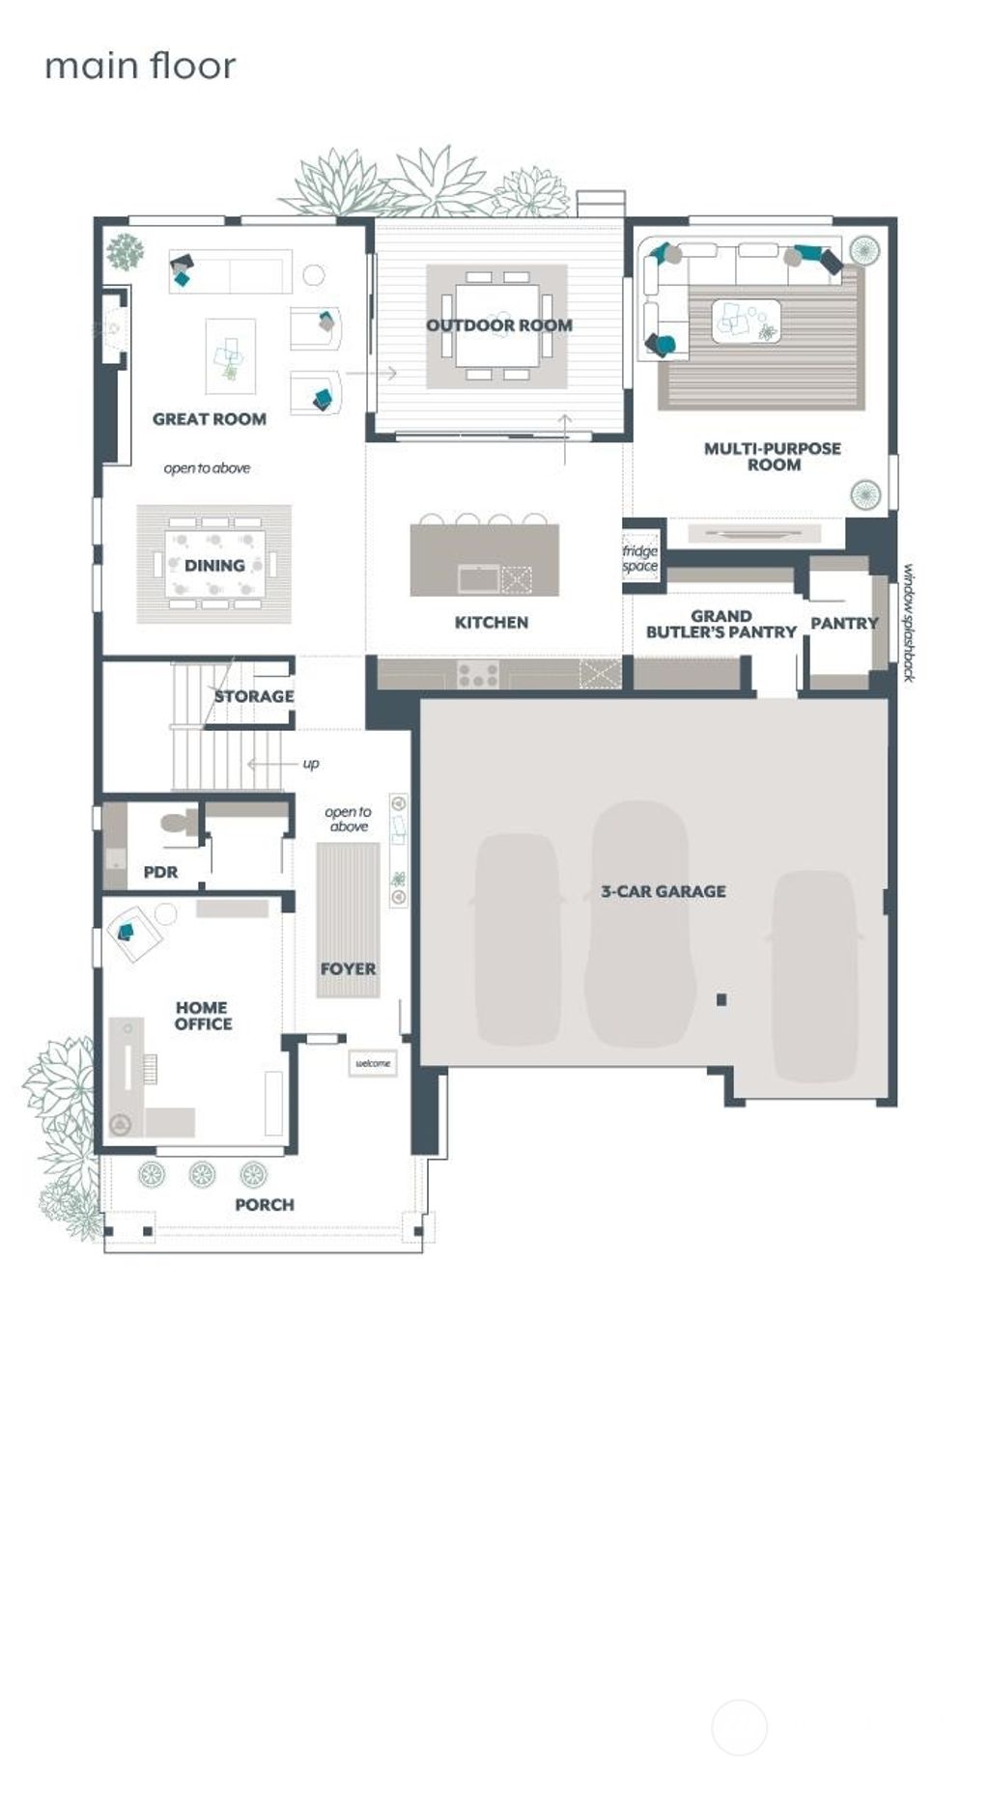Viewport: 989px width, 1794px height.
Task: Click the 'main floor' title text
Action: tap(140, 66)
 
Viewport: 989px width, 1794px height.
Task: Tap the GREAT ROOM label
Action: tap(209, 419)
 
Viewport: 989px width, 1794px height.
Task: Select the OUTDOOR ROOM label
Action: tap(499, 325)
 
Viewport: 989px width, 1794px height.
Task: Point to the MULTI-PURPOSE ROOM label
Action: tap(773, 456)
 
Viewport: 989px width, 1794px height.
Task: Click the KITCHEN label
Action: tap(492, 623)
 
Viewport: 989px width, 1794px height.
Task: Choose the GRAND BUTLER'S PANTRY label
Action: tap(721, 624)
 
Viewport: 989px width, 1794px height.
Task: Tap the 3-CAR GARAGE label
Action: tap(664, 891)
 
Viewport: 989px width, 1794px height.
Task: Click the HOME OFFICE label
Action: tap(203, 1015)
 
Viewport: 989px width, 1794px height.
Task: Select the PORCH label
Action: tap(265, 1204)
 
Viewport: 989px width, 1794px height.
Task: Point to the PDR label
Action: tap(160, 872)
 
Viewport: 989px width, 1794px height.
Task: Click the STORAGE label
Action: tap(254, 696)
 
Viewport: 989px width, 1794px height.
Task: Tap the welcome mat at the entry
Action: tap(373, 1063)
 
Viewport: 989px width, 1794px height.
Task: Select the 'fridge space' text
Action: tap(640, 559)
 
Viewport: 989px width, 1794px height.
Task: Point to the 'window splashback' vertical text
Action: tap(908, 623)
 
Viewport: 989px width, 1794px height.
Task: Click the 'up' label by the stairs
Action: tap(311, 764)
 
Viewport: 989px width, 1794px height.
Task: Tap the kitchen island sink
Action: tap(479, 579)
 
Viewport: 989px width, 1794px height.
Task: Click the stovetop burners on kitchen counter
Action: tap(478, 673)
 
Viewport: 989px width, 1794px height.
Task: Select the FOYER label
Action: tap(348, 968)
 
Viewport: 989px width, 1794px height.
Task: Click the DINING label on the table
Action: tap(214, 565)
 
